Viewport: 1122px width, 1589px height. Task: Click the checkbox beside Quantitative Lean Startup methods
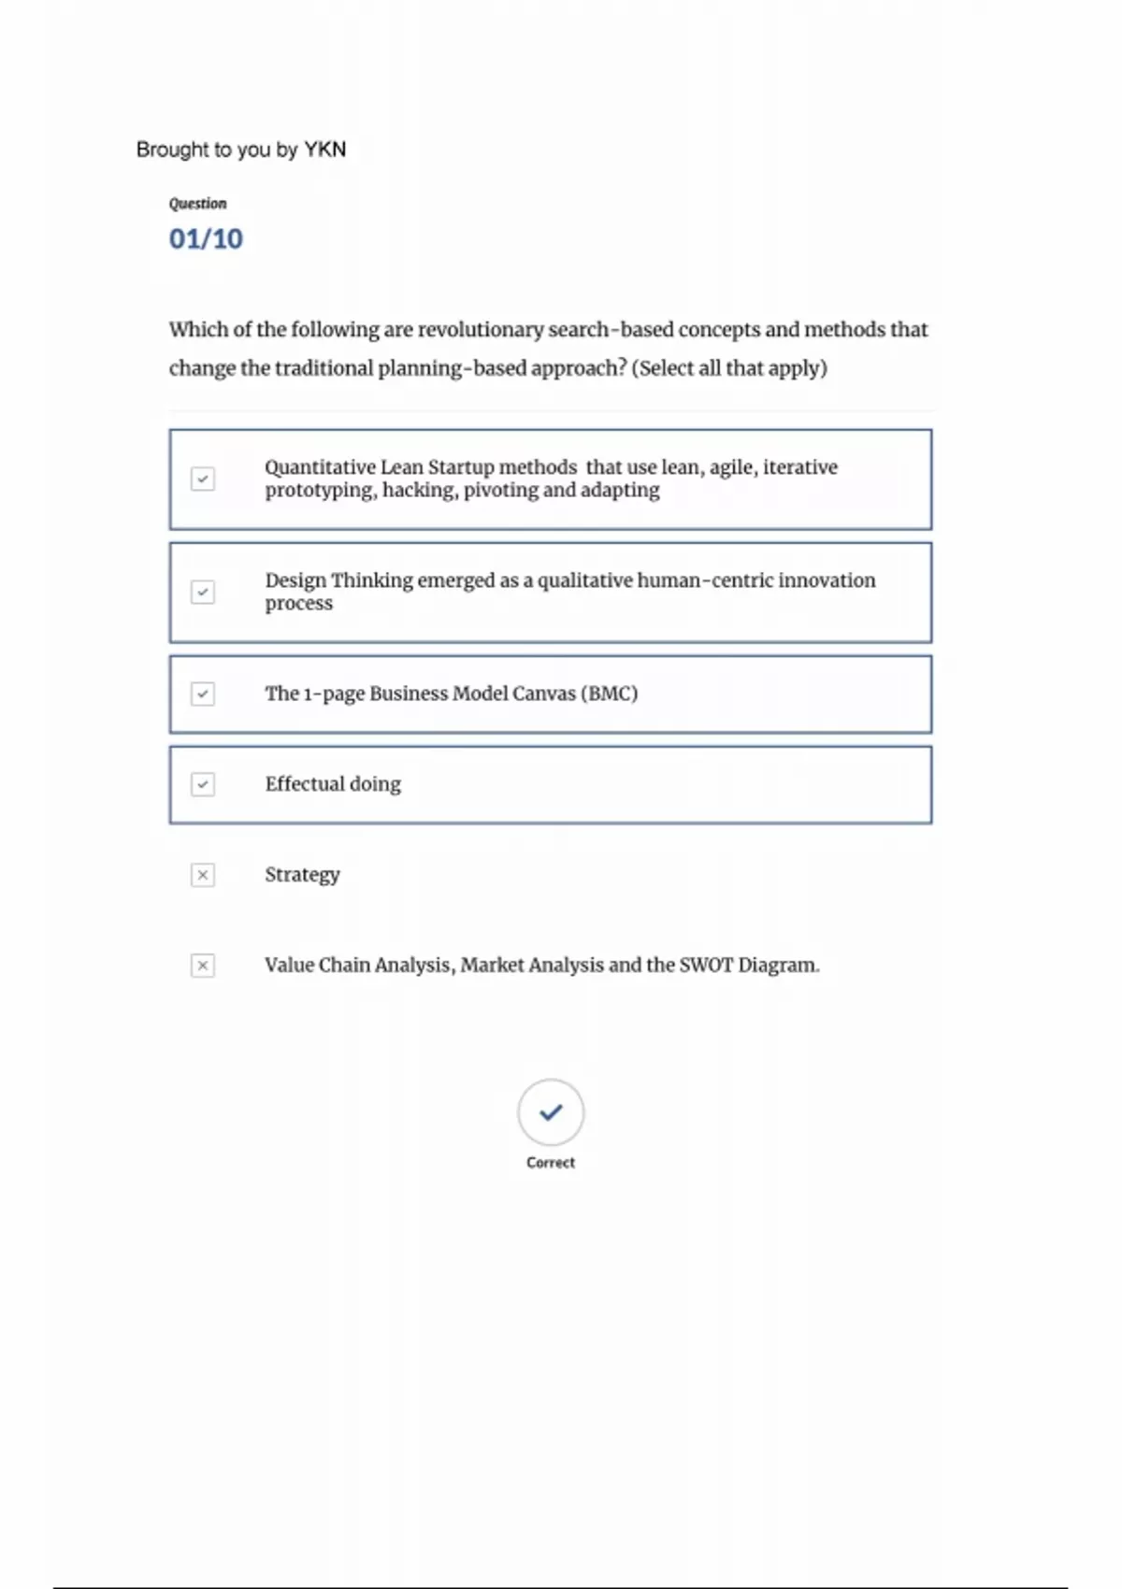tap(203, 479)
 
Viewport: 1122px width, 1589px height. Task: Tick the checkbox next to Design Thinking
tap(203, 592)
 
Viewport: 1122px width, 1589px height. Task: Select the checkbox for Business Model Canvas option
tap(203, 694)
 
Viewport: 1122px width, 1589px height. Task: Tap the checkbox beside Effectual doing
tap(203, 784)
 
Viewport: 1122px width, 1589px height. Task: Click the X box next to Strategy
tap(203, 875)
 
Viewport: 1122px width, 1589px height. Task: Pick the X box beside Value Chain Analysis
tap(203, 966)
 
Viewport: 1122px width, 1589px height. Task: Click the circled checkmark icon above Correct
tap(551, 1112)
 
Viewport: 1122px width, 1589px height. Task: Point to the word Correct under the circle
tap(551, 1163)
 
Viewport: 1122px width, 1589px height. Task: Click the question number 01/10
tap(206, 239)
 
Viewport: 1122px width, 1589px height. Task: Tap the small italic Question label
tap(197, 204)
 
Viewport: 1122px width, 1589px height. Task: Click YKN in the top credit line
tap(324, 150)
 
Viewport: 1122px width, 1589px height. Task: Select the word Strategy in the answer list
tap(302, 875)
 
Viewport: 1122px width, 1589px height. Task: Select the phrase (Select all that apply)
tap(729, 368)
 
